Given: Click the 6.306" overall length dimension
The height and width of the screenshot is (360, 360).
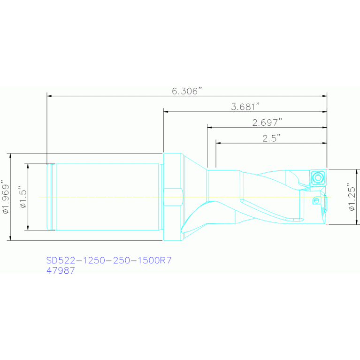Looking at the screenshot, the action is click(188, 91).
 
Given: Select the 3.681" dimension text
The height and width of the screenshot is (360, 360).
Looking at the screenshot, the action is click(245, 107).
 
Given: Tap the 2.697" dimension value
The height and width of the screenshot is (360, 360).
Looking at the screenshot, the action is click(267, 123).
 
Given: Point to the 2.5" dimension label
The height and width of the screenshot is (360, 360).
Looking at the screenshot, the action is click(272, 138).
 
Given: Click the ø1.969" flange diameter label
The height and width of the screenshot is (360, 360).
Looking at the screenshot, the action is click(6, 197).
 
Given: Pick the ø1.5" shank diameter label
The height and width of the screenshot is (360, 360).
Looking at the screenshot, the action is click(23, 197).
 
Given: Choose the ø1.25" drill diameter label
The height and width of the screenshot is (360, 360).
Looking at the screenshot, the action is click(352, 197).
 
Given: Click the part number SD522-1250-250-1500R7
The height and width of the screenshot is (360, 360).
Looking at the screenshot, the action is click(109, 260).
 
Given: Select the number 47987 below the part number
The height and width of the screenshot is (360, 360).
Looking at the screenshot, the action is click(61, 270).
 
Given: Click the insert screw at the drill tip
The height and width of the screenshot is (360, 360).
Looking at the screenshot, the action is click(318, 177).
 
